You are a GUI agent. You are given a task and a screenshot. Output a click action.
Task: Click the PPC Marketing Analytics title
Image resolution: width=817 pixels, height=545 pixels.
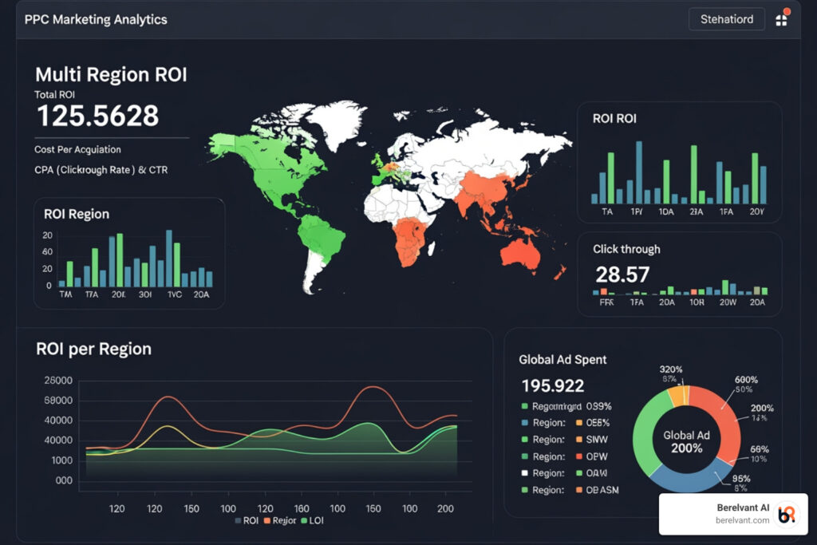[x=96, y=19]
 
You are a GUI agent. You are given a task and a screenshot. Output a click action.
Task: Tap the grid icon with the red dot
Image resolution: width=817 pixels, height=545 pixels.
[x=781, y=20]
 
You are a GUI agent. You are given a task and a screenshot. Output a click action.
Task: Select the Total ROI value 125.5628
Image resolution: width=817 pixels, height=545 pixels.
[x=98, y=116]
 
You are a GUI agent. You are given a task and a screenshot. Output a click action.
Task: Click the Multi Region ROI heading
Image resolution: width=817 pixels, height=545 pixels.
[x=111, y=75]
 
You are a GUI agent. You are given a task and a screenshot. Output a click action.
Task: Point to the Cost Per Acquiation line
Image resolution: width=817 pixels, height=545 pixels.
[x=77, y=149]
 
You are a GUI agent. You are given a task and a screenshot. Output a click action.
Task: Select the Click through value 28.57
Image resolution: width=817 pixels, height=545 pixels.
[x=622, y=274]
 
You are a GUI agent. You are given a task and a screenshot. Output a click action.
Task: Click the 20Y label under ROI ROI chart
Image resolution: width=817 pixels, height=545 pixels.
[x=756, y=211]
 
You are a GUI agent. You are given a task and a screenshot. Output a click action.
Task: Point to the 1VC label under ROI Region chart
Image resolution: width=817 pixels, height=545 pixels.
[x=174, y=293]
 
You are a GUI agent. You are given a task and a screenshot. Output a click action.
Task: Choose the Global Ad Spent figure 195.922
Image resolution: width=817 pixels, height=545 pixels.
[x=552, y=386]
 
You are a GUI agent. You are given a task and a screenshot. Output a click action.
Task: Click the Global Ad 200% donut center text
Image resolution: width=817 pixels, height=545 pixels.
[x=685, y=441]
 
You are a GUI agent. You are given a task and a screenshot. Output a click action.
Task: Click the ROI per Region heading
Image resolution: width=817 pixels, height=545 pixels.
[x=93, y=349]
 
